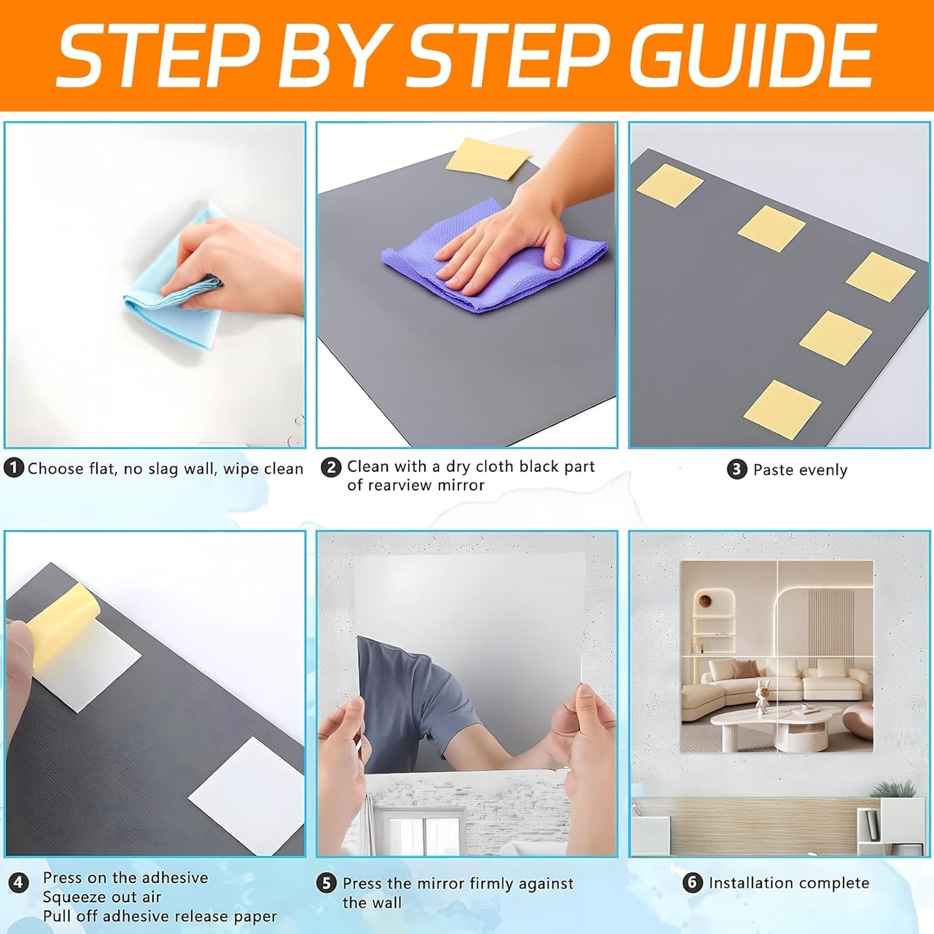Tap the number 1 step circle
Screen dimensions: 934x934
pos(14,468)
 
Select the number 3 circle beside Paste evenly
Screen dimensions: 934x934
pos(736,469)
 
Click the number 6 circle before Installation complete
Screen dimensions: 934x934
pos(692,882)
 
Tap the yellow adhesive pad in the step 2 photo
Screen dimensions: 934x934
pos(487,158)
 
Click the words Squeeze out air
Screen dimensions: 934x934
pos(101,897)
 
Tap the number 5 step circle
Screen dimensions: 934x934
pos(326,884)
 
